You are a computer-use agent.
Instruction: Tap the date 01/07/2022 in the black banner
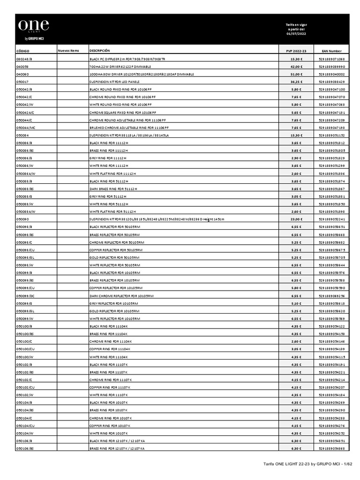point(296,33)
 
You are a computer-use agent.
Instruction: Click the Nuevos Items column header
point(68,51)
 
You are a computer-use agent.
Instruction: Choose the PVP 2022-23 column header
point(296,51)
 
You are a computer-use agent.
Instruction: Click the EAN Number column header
point(331,51)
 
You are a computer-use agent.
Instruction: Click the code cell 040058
point(22,67)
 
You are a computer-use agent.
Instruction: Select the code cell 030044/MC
point(25,127)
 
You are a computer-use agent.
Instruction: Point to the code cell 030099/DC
point(25,296)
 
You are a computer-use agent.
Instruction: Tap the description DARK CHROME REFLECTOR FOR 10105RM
point(121,296)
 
